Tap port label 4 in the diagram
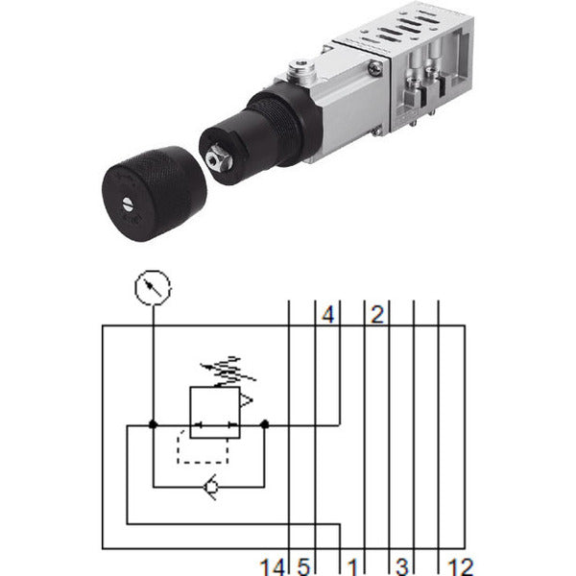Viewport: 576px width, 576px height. point(328,315)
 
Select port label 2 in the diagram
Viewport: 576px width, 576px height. point(377,315)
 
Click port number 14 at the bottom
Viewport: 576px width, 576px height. point(273,567)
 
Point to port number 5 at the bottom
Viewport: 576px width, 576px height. point(303,567)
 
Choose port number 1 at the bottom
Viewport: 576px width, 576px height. point(352,567)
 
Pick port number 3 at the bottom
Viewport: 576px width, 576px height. point(402,567)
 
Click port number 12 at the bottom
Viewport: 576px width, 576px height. point(460,567)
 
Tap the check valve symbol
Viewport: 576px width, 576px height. point(211,487)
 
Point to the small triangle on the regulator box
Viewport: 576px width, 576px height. point(247,400)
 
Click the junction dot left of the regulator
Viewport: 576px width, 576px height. point(154,425)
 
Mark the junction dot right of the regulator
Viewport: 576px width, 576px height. point(264,425)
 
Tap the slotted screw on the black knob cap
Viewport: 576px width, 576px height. point(128,204)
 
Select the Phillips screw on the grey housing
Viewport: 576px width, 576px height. point(375,68)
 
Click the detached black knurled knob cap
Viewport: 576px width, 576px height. point(155,194)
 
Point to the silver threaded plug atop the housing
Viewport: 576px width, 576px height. point(301,70)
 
